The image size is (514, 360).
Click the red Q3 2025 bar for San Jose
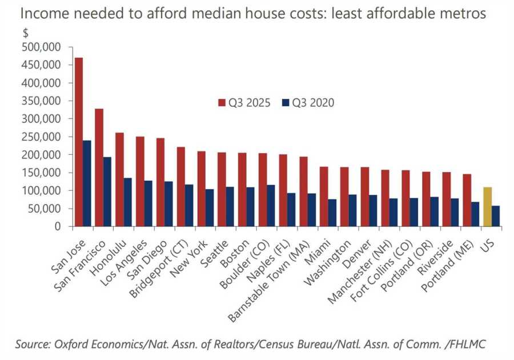pos(79,142)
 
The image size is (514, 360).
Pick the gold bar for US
pos(487,207)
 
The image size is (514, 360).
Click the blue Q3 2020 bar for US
pos(495,216)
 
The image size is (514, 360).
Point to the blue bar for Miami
pos(332,213)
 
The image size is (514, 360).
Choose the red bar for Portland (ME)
pos(467,200)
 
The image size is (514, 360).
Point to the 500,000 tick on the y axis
pos(42,47)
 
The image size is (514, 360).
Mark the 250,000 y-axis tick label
pos(42,137)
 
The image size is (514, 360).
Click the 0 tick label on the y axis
pos(58,226)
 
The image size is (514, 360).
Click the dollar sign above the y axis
pos(26,33)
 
